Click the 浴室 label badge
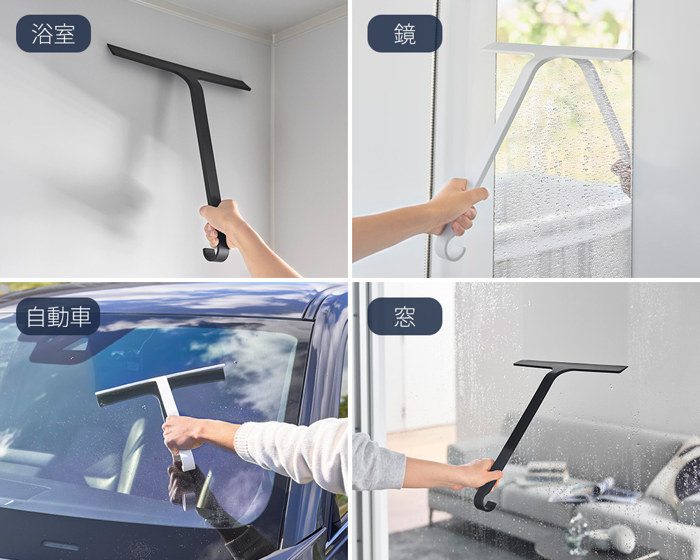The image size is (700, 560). tap(54, 34)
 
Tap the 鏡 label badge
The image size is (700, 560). tap(405, 34)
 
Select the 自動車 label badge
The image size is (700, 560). tap(58, 316)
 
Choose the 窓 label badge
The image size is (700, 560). tap(405, 316)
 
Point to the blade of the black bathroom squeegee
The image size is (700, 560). tap(178, 67)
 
